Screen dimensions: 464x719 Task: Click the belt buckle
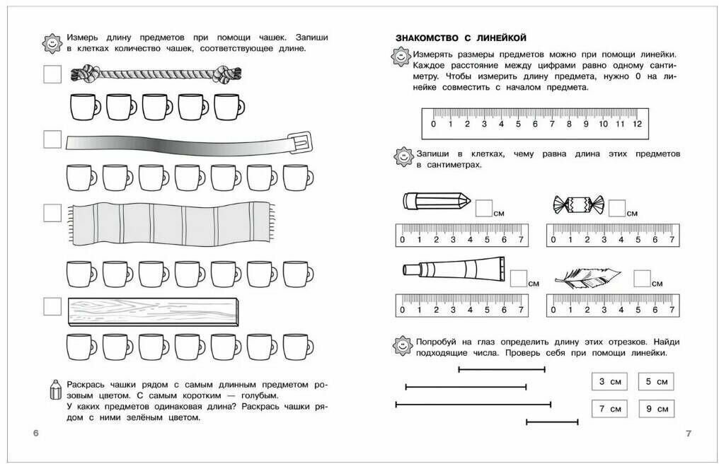[300, 142]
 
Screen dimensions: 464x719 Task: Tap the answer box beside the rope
[52, 74]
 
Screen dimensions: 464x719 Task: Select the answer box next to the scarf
[52, 213]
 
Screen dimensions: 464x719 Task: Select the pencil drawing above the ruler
[436, 202]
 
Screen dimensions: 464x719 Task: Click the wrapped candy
[577, 204]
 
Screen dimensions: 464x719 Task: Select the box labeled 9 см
[656, 409]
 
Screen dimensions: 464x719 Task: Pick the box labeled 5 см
[656, 382]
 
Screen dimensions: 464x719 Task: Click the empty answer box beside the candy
[617, 207]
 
